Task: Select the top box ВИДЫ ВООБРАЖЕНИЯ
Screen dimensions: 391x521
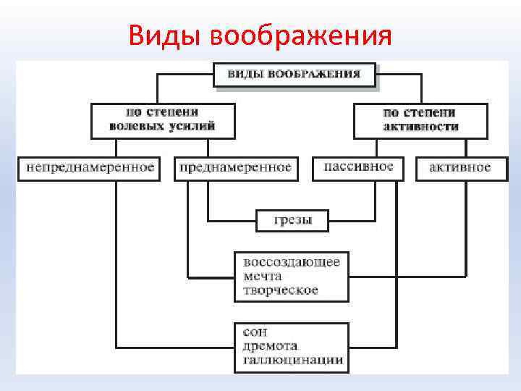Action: (294, 75)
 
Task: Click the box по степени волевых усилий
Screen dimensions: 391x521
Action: (162, 119)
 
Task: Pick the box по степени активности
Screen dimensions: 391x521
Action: (420, 119)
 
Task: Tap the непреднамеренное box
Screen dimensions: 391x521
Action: (90, 167)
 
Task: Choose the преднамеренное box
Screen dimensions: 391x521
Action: (235, 167)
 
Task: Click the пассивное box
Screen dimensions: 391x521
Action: (358, 167)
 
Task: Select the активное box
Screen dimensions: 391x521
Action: (459, 167)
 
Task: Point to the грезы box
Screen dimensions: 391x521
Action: (292, 219)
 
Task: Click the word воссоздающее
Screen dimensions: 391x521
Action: (292, 262)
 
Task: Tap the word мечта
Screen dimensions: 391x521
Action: (263, 276)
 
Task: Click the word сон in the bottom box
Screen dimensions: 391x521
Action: (255, 332)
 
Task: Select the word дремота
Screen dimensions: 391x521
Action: (270, 346)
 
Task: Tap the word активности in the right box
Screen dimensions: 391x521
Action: (420, 126)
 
